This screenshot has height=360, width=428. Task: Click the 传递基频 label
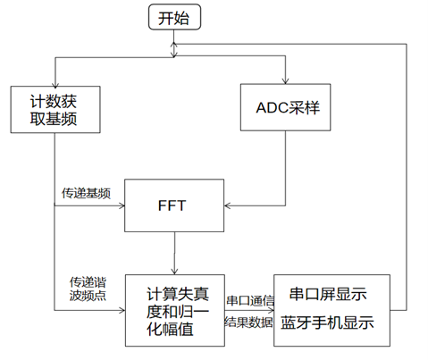(x=86, y=192)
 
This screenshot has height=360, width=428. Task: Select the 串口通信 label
(x=249, y=300)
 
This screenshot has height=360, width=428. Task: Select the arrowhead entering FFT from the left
(x=120, y=205)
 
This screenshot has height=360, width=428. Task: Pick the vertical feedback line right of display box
(x=407, y=179)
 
